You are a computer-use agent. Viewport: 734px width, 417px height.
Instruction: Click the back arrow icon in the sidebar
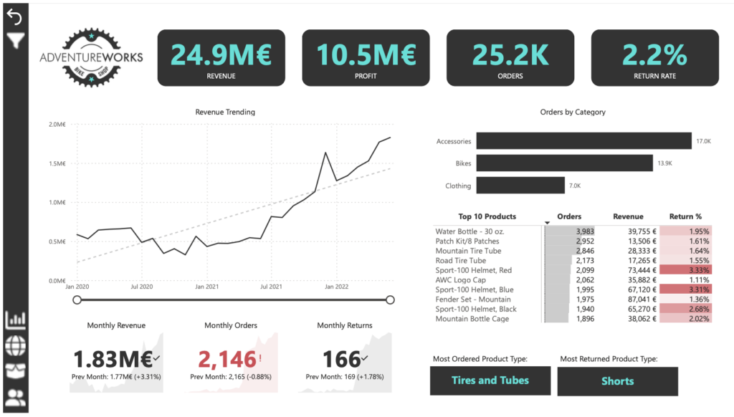click(14, 18)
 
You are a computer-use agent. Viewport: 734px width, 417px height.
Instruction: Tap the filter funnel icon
click(14, 40)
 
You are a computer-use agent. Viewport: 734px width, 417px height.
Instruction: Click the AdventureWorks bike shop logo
click(91, 57)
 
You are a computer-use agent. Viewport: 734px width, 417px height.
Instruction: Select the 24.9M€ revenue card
click(221, 57)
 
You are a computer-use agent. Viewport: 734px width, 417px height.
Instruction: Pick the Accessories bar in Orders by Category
click(583, 141)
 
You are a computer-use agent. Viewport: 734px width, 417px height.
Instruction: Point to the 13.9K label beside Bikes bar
click(664, 164)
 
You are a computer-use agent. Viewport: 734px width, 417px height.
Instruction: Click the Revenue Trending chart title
click(225, 112)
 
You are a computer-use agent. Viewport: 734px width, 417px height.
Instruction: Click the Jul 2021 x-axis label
click(271, 287)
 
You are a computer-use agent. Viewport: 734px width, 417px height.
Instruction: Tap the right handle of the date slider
click(390, 299)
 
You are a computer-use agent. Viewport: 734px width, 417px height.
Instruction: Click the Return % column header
click(685, 216)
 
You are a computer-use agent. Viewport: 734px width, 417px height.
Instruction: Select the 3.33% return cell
click(685, 270)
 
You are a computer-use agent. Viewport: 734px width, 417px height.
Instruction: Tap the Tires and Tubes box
click(490, 380)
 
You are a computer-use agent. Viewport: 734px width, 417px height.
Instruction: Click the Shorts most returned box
click(617, 381)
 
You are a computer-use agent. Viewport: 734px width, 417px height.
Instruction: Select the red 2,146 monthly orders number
click(227, 359)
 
